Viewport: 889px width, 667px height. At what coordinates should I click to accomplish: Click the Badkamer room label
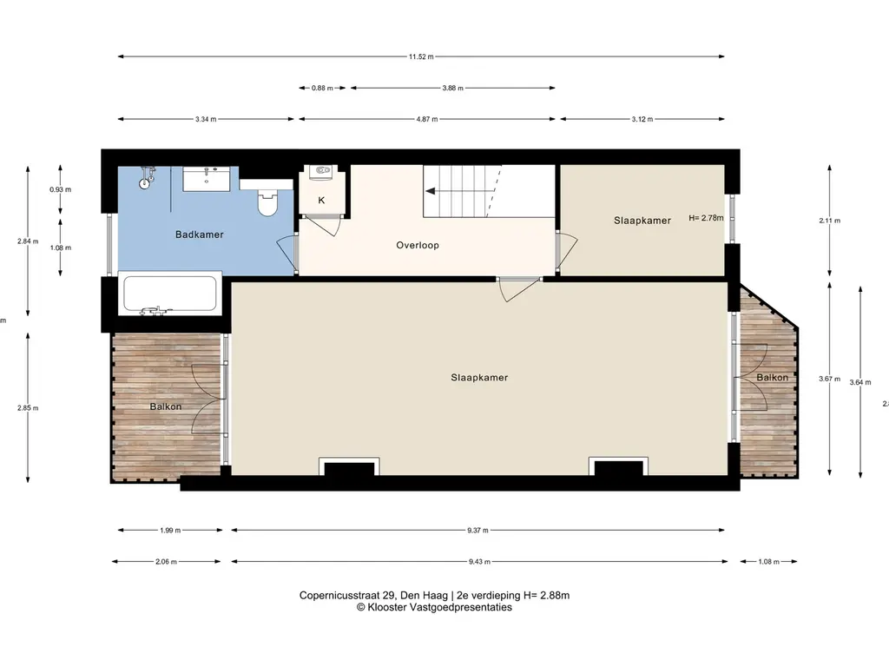pyautogui.click(x=200, y=234)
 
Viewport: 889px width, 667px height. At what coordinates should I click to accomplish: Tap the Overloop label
pyautogui.click(x=418, y=245)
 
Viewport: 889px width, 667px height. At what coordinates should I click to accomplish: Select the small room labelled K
pyautogui.click(x=321, y=201)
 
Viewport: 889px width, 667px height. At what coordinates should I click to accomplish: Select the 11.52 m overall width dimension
pyautogui.click(x=421, y=56)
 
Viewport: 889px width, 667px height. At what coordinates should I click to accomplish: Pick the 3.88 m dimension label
pyautogui.click(x=452, y=88)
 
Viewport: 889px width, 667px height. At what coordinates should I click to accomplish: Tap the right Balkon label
pyautogui.click(x=772, y=378)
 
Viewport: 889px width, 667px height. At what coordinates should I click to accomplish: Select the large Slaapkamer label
pyautogui.click(x=479, y=378)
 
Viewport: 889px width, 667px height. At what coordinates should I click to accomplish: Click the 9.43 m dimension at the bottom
pyautogui.click(x=477, y=561)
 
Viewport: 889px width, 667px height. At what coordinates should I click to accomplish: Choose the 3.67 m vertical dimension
pyautogui.click(x=831, y=378)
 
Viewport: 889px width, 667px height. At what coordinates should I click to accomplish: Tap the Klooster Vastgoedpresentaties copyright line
pyautogui.click(x=434, y=608)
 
